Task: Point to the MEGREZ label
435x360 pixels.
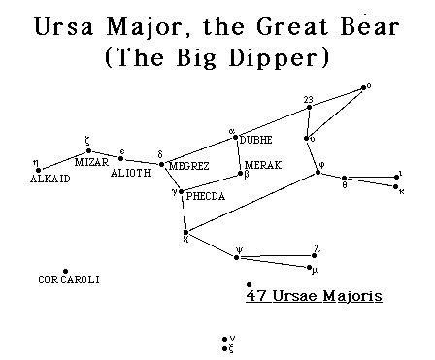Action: click(188, 167)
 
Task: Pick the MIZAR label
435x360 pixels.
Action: click(91, 162)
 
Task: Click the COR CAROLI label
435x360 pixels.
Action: click(69, 280)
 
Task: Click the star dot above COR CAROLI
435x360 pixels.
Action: click(65, 271)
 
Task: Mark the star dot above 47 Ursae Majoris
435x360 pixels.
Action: click(250, 283)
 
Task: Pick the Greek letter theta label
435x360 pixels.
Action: click(344, 186)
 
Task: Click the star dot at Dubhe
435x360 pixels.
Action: click(236, 140)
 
